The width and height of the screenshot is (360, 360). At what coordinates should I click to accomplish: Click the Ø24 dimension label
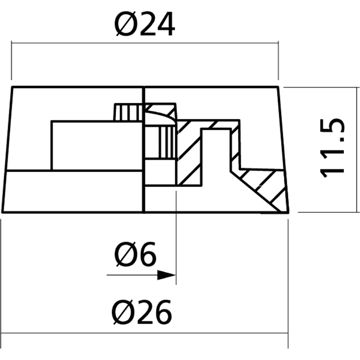[x=145, y=24]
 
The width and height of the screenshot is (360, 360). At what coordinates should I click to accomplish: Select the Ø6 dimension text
[x=135, y=254]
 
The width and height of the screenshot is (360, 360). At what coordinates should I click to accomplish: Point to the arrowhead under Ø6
[x=166, y=275]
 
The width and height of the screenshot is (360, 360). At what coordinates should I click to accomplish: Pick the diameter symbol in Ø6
[x=125, y=254]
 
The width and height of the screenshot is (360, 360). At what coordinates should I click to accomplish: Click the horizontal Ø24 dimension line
[x=145, y=43]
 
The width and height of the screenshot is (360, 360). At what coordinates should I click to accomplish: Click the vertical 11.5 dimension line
[x=357, y=150]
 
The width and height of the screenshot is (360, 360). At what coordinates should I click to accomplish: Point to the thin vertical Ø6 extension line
[x=176, y=237]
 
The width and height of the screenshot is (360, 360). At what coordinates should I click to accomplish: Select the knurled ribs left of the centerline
[x=128, y=112]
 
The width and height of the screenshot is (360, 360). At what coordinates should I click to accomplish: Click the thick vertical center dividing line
[x=144, y=150]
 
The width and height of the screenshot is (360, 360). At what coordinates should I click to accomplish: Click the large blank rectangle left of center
[x=97, y=146]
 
